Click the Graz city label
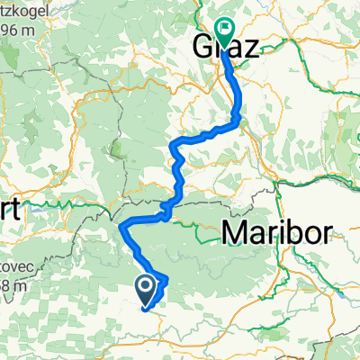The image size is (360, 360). tap(226, 47)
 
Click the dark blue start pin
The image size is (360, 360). tap(146, 291)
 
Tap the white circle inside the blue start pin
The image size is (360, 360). tap(146, 287)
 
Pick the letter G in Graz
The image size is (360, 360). tap(203, 47)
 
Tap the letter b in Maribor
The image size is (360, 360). tap(290, 232)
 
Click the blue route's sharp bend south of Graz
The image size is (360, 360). tap(238, 116)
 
